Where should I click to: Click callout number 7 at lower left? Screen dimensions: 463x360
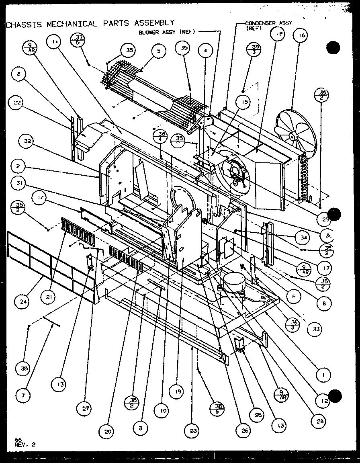pyautogui.click(x=23, y=396)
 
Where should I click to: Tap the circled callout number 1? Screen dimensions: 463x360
pyautogui.click(x=323, y=375)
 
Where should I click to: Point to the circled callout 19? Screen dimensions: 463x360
pyautogui.click(x=176, y=390)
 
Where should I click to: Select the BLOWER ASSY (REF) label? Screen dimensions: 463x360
pyautogui.click(x=167, y=32)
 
